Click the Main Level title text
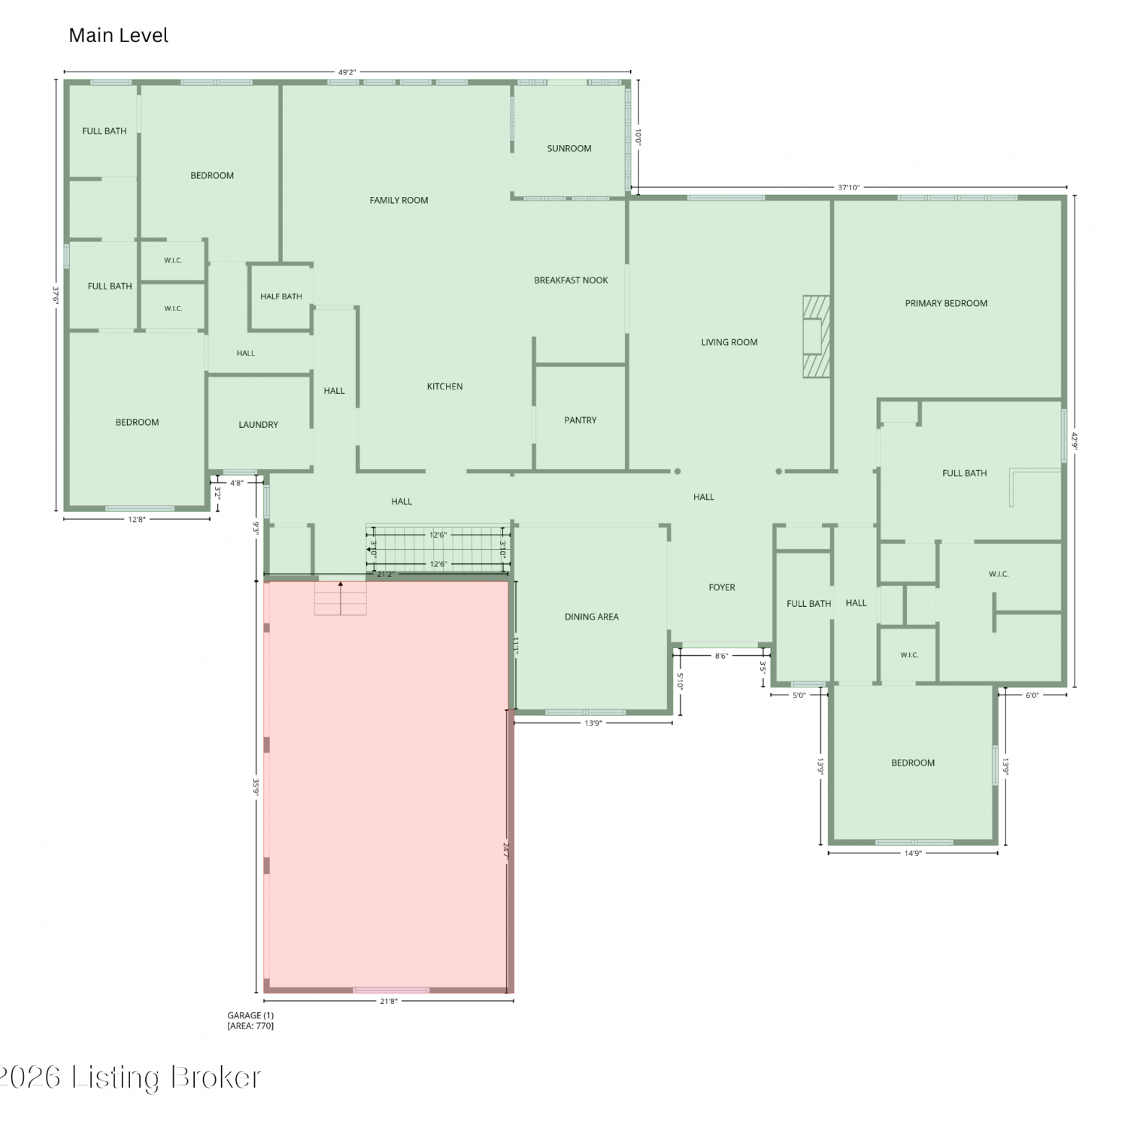pyautogui.click(x=118, y=35)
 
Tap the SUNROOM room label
pyautogui.click(x=569, y=148)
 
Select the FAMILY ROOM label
pyautogui.click(x=399, y=200)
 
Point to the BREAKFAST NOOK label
pyautogui.click(x=571, y=280)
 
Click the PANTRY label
pyautogui.click(x=581, y=420)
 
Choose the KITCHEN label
pyautogui.click(x=444, y=386)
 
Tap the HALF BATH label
pyautogui.click(x=281, y=296)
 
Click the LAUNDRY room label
pyautogui.click(x=258, y=424)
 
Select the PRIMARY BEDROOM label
pyautogui.click(x=946, y=303)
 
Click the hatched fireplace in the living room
pyautogui.click(x=817, y=336)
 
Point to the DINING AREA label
pyautogui.click(x=592, y=617)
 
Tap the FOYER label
pyautogui.click(x=722, y=587)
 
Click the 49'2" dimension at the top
pyautogui.click(x=347, y=72)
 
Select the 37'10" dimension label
pyautogui.click(x=848, y=187)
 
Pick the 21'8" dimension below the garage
pyautogui.click(x=389, y=1001)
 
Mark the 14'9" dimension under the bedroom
pyautogui.click(x=913, y=854)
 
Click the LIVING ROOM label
pyautogui.click(x=729, y=342)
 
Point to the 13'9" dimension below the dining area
pyautogui.click(x=593, y=723)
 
